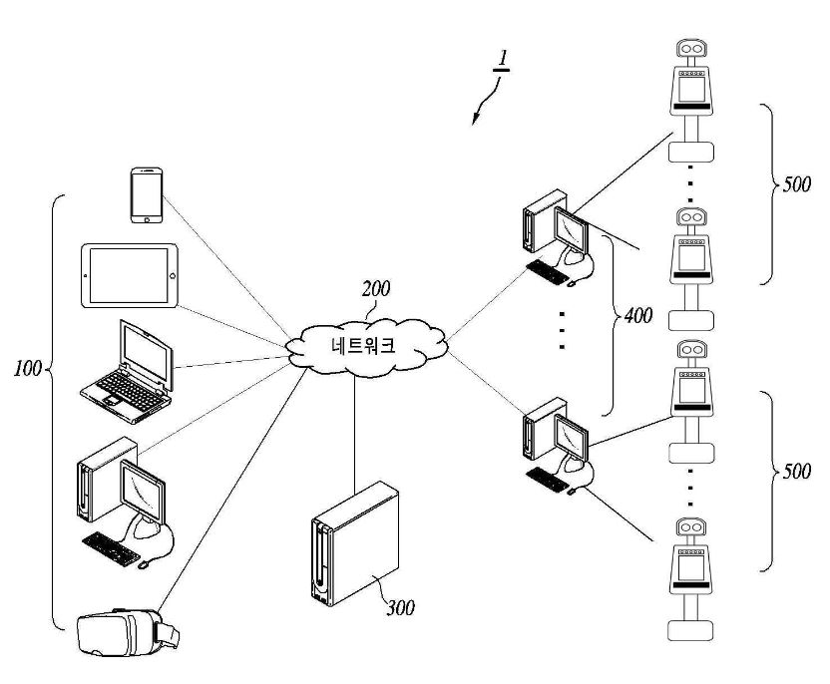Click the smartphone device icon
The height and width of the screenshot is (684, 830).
147,194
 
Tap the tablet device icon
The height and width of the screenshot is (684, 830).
129,275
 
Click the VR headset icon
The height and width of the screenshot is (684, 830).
128,633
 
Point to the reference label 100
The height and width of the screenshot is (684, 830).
28,369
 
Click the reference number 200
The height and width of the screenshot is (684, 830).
376,289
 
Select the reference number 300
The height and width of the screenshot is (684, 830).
400,608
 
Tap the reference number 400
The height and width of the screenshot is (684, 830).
637,316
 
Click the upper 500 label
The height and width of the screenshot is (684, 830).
797,184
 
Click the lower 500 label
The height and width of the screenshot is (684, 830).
797,471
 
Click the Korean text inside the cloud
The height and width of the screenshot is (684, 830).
363,346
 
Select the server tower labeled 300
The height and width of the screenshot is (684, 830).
355,543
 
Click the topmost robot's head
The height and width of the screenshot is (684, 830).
691,48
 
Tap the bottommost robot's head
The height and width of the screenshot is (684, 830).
691,526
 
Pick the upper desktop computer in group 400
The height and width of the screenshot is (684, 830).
558,238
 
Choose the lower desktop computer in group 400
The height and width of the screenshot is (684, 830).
558,446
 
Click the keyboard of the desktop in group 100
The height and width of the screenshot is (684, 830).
111,548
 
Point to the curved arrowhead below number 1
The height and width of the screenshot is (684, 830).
476,118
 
